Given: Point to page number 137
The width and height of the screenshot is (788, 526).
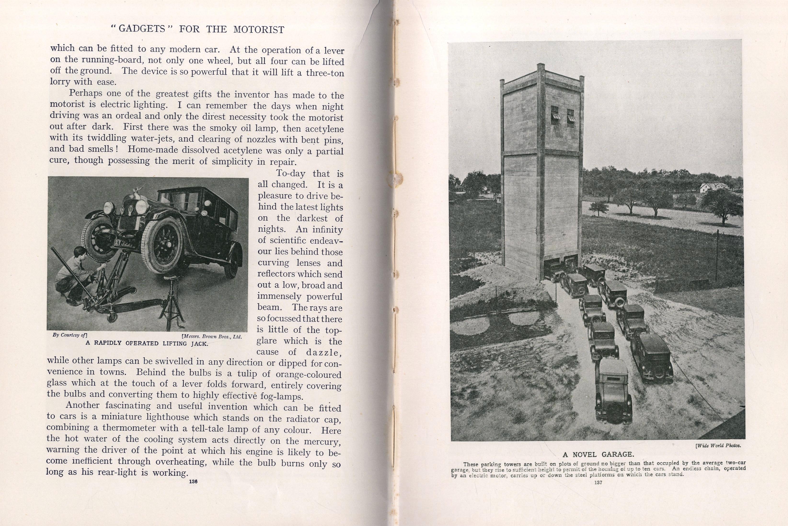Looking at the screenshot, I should (x=598, y=483).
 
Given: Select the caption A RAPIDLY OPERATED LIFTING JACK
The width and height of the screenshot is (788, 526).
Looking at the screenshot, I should (x=147, y=343).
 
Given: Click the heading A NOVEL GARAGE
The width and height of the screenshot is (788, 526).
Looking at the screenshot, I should (x=598, y=455).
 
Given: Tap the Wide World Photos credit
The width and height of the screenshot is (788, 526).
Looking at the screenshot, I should (x=718, y=446).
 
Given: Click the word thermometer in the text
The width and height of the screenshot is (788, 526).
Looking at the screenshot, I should (x=128, y=428).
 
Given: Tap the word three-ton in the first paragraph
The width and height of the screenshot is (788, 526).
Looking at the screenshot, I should (x=325, y=73).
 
